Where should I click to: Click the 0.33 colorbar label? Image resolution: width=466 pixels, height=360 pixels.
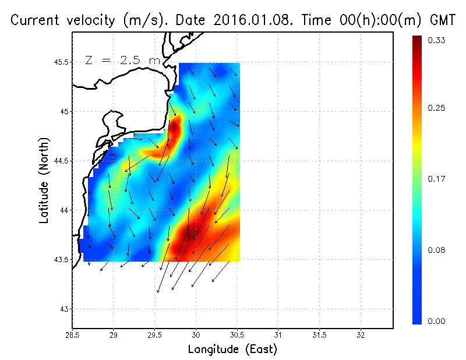click(437, 40)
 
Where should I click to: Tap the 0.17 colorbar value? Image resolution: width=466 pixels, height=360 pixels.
click(437, 179)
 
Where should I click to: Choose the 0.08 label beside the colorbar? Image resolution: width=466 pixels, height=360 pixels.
click(437, 250)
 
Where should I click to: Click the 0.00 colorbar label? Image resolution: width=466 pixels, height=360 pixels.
click(437, 321)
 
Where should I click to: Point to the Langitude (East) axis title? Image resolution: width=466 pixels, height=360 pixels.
click(232, 350)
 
